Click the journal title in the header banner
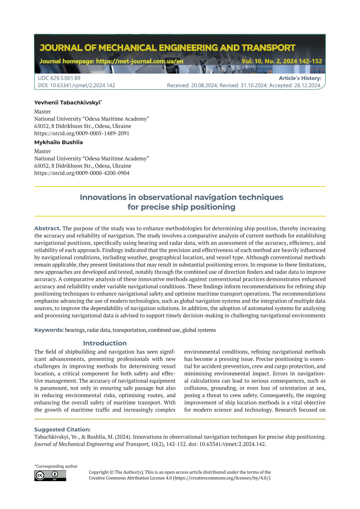(x=167, y=47)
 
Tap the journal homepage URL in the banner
(x=111, y=61)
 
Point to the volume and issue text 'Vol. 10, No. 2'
(x=265, y=61)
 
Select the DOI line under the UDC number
(x=77, y=85)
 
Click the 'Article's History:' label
(x=300, y=78)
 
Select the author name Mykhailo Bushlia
(x=58, y=142)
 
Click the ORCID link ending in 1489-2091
(x=81, y=133)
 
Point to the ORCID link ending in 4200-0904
(x=81, y=173)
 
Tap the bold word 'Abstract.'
(x=47, y=228)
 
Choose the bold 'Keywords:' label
(x=49, y=330)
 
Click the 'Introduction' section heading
(x=105, y=343)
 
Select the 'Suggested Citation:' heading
(x=62, y=429)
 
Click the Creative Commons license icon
(x=50, y=475)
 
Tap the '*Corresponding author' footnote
(x=56, y=466)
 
